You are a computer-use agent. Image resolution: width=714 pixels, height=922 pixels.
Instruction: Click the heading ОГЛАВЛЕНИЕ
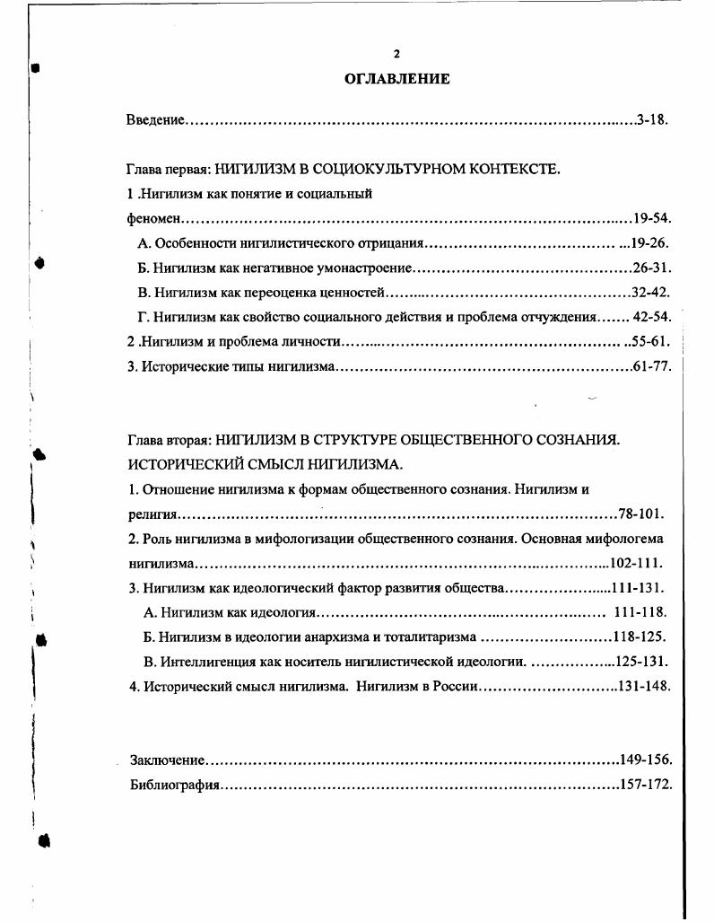point(396,79)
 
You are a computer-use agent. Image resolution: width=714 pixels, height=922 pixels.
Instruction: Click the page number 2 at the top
point(396,54)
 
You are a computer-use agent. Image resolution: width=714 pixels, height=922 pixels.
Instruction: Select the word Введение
point(155,119)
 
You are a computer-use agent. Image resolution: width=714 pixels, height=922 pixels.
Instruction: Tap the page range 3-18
point(652,119)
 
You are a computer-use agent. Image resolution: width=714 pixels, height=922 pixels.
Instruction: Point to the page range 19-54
point(652,218)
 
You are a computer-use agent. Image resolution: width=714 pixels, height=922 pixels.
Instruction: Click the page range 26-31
point(652,268)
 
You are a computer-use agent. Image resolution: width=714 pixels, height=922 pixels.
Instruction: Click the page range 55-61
point(652,341)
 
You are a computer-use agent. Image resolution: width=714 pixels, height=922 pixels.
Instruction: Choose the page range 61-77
point(652,366)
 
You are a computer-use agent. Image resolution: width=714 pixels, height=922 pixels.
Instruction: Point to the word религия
point(150,514)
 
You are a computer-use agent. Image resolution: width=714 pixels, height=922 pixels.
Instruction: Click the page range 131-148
point(644,686)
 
